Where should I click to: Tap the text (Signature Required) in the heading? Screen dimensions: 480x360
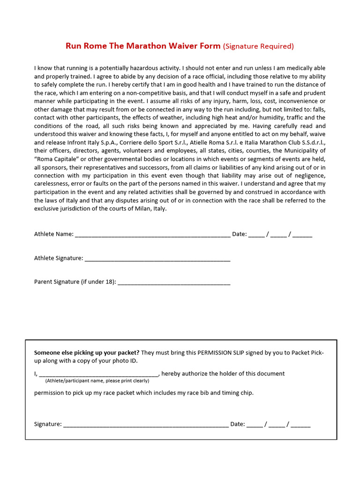tap(258, 46)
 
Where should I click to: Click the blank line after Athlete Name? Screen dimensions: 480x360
tap(152, 234)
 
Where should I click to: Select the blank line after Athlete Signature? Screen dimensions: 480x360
tap(157, 258)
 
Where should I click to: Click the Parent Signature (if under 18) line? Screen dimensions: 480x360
tap(174, 282)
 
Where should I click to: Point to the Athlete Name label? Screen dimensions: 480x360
tap(53, 234)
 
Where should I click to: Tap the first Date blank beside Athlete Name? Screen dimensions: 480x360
tap(256, 234)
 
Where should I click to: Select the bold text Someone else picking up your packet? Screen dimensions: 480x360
tap(87, 352)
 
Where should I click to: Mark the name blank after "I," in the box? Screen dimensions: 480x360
tap(99, 374)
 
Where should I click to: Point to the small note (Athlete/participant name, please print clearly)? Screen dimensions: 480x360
tap(97, 381)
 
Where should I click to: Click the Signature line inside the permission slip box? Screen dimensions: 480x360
tap(146, 424)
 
